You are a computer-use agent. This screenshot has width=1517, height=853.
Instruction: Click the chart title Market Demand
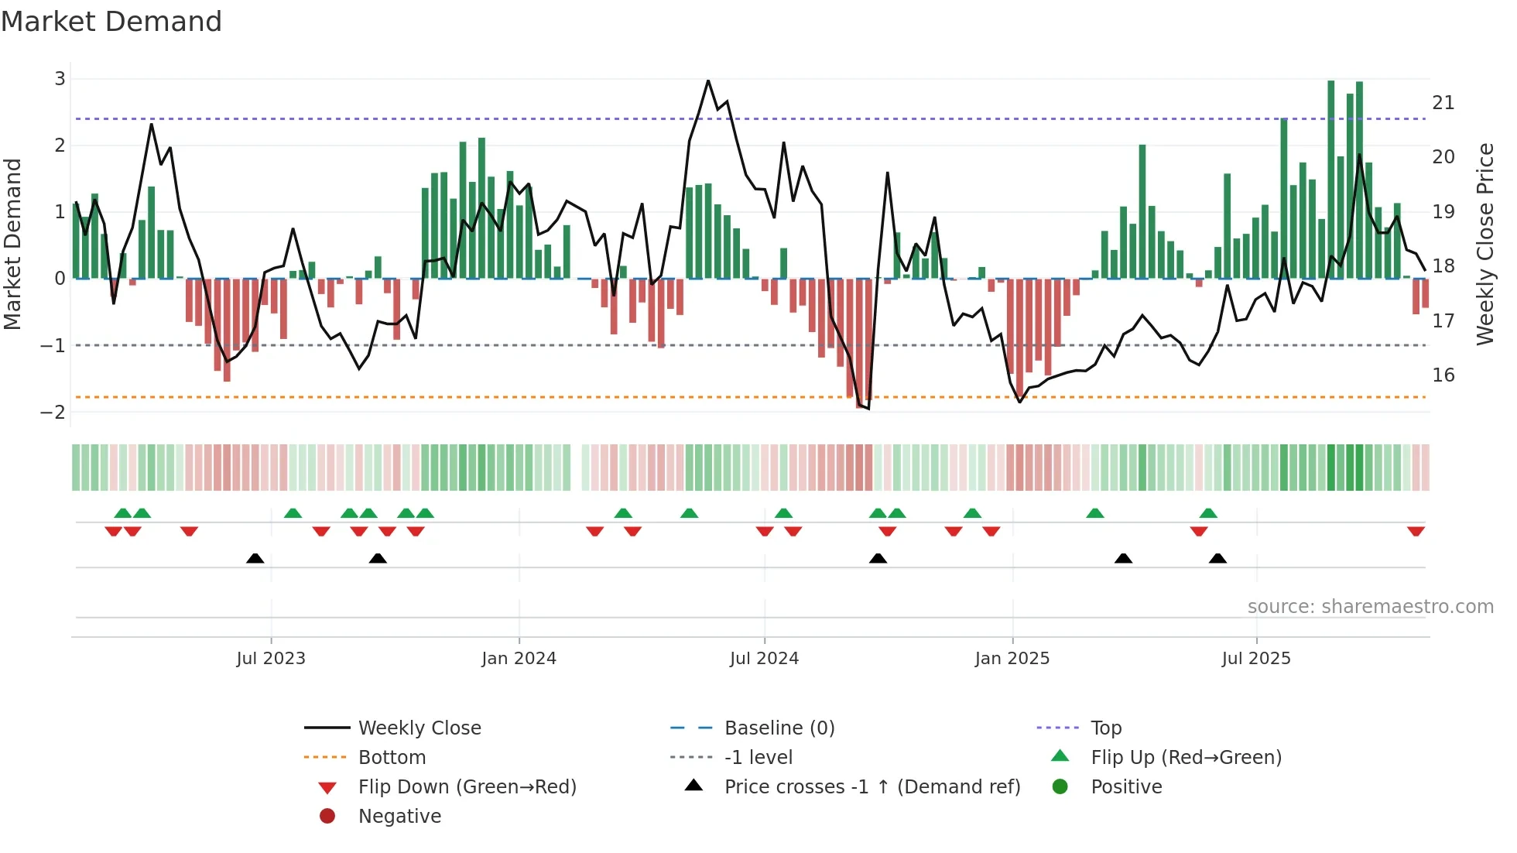pyautogui.click(x=111, y=22)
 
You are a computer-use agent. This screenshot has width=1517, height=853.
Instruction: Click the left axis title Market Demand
pyautogui.click(x=13, y=244)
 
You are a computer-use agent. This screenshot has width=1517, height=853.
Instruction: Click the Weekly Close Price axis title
pyautogui.click(x=1484, y=244)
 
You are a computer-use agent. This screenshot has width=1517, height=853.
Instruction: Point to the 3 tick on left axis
pyautogui.click(x=60, y=79)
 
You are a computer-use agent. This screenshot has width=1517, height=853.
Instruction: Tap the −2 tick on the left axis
pyautogui.click(x=53, y=412)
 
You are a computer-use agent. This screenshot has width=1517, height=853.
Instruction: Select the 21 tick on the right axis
pyautogui.click(x=1443, y=103)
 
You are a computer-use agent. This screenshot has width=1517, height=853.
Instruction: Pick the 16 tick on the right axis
pyautogui.click(x=1443, y=375)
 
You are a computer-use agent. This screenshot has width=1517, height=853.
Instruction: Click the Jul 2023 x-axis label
pyautogui.click(x=271, y=659)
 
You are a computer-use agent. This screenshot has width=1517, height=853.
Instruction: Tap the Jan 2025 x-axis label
pyautogui.click(x=1012, y=659)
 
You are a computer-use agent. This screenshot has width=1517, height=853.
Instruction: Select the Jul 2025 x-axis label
pyautogui.click(x=1256, y=659)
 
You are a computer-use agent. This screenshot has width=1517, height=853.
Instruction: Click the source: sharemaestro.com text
pyautogui.click(x=1370, y=607)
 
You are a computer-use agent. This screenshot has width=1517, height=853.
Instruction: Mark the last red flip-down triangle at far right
pyautogui.click(x=1416, y=531)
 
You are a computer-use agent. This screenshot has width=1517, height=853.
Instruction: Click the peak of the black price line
pyautogui.click(x=707, y=81)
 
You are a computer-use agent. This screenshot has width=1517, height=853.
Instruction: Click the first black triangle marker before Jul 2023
pyautogui.click(x=255, y=558)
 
